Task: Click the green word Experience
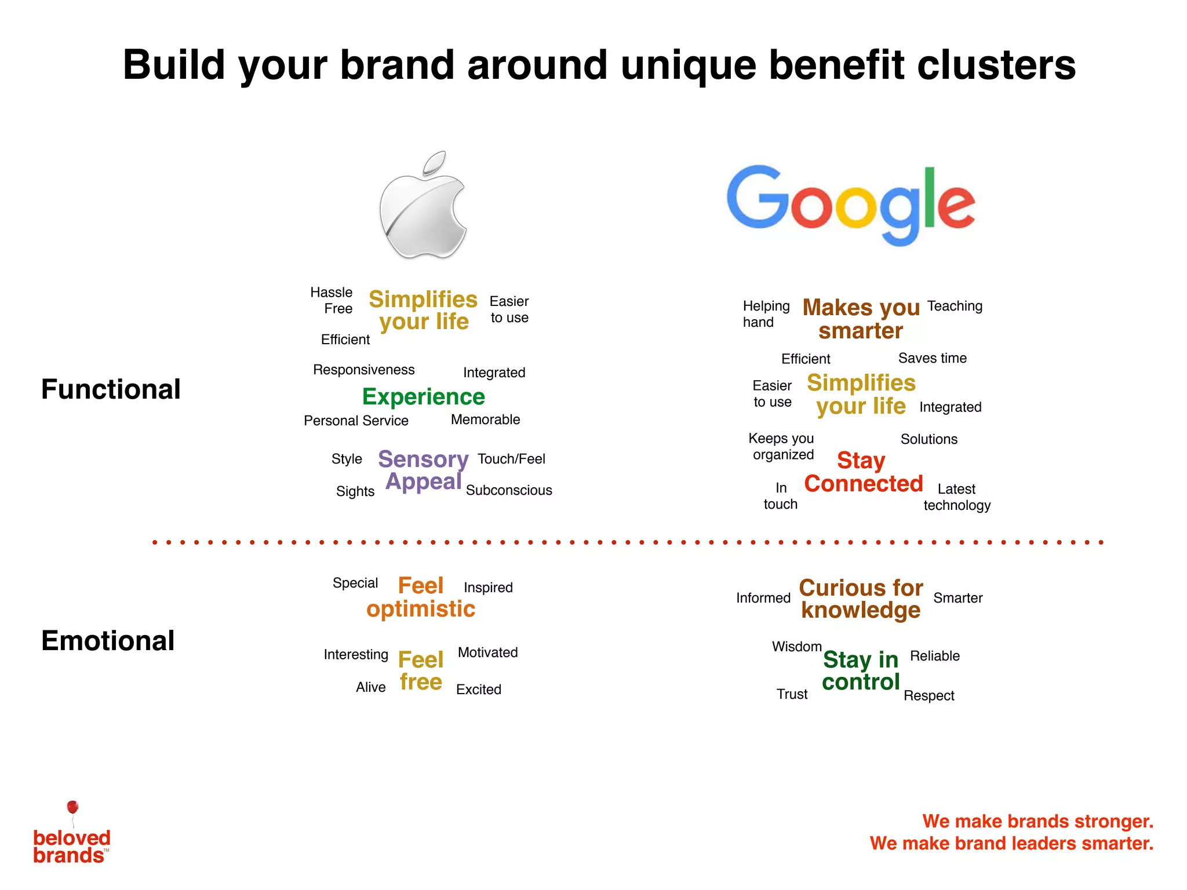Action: (x=423, y=397)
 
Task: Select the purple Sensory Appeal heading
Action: (x=423, y=470)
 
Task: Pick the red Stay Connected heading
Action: (x=863, y=472)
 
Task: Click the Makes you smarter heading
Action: (x=861, y=319)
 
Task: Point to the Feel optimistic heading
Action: (x=421, y=597)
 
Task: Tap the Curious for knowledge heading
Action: (x=861, y=599)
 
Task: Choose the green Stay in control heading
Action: (x=861, y=671)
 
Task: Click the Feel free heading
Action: (x=421, y=671)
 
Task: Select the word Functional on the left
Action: (x=111, y=389)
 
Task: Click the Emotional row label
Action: (x=108, y=641)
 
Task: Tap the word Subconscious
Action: (x=509, y=490)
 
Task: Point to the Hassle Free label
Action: (x=333, y=300)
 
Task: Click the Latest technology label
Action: (x=957, y=497)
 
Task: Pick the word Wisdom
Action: (x=796, y=647)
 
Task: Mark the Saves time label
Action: (x=932, y=358)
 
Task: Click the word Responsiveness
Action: (x=363, y=370)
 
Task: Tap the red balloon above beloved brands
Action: (x=72, y=807)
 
